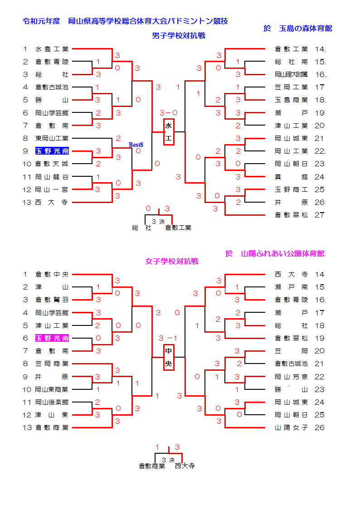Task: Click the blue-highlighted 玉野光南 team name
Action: click(x=52, y=151)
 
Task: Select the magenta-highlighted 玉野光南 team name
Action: click(x=52, y=338)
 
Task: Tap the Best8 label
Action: click(x=136, y=145)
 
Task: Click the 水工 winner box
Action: click(x=169, y=132)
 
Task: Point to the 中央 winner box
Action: click(x=169, y=357)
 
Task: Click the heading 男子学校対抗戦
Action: click(x=179, y=36)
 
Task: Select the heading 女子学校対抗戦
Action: click(x=172, y=262)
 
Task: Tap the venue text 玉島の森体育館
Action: click(x=305, y=29)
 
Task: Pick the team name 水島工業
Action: click(x=52, y=49)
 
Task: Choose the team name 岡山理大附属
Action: click(x=291, y=75)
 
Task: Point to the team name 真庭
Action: click(x=291, y=177)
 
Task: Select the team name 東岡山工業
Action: click(x=52, y=138)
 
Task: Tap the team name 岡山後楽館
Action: click(x=52, y=402)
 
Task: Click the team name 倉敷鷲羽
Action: click(x=52, y=300)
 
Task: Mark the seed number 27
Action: click(x=320, y=215)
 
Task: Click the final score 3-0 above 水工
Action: click(x=169, y=112)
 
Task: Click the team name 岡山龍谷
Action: click(x=52, y=177)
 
